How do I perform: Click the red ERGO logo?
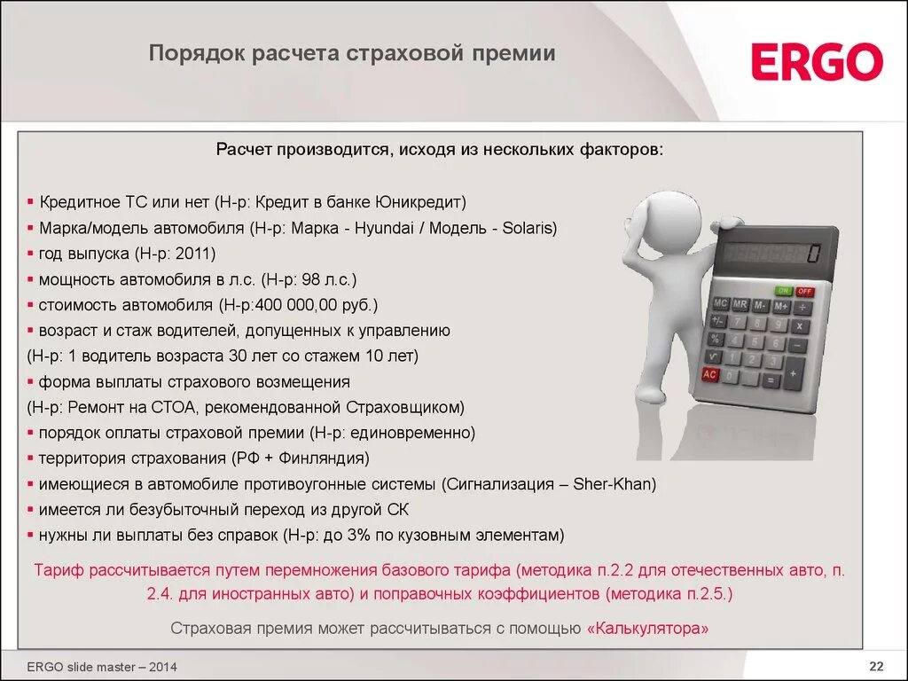click(817, 62)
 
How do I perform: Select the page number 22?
click(876, 667)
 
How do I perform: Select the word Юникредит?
click(419, 202)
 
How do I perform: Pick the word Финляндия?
click(323, 458)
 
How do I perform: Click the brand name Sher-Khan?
click(613, 484)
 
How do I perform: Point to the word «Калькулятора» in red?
click(648, 629)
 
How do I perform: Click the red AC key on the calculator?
click(709, 375)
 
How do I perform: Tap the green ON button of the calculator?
click(783, 290)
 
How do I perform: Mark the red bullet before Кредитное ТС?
click(31, 202)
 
